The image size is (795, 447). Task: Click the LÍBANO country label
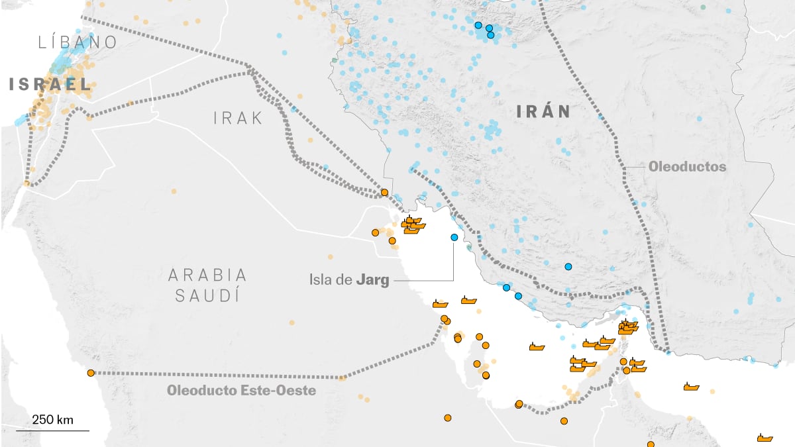click(78, 42)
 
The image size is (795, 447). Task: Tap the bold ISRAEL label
click(50, 84)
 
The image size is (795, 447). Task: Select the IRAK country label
click(238, 119)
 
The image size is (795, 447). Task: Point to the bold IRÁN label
click(543, 112)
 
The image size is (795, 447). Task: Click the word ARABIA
click(207, 274)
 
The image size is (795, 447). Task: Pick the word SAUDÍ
click(207, 295)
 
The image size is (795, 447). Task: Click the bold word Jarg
click(372, 279)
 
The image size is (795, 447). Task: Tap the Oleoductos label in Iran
click(687, 167)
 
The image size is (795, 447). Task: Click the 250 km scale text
click(52, 419)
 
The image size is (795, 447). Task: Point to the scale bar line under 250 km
click(52, 430)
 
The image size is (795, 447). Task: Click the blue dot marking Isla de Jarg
click(454, 237)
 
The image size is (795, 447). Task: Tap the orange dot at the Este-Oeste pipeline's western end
click(91, 373)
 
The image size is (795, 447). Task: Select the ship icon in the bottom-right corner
click(765, 438)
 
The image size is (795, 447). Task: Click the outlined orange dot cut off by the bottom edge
click(651, 444)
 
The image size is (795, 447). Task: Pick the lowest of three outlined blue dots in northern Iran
click(491, 36)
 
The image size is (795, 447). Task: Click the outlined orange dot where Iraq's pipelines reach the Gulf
click(384, 192)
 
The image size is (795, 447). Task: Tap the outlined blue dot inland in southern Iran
click(568, 266)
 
